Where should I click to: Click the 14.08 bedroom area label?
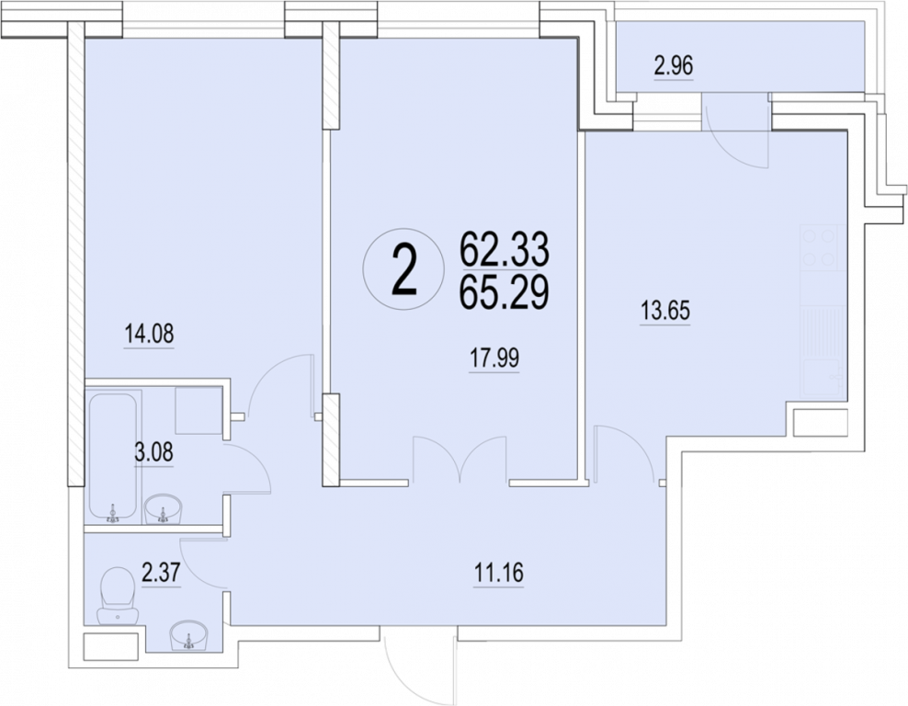[x=150, y=335]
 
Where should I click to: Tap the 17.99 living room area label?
[x=494, y=359]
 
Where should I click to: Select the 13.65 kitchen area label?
[x=665, y=311]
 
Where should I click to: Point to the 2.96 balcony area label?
[x=674, y=66]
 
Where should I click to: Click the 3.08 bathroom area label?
[x=153, y=452]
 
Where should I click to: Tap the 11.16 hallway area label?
[x=499, y=574]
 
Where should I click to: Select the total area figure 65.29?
[x=504, y=293]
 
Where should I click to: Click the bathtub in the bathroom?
[x=113, y=458]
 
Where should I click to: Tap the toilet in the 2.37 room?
[x=118, y=597]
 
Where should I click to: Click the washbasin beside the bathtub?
[x=163, y=509]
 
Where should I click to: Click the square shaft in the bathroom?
[x=199, y=410]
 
